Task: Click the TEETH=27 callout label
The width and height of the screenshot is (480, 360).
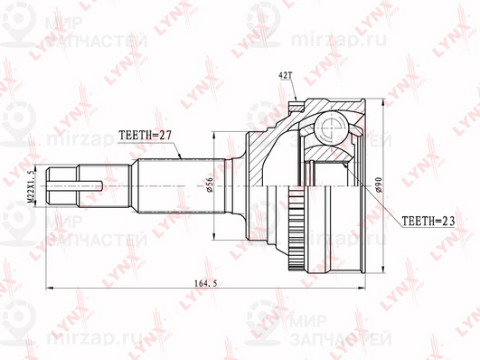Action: pyautogui.click(x=145, y=135)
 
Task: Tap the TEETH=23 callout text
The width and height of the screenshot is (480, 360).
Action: pyautogui.click(x=428, y=221)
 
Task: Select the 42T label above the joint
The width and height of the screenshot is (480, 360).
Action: pyautogui.click(x=285, y=75)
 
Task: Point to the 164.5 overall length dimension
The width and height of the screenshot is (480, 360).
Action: pyautogui.click(x=205, y=283)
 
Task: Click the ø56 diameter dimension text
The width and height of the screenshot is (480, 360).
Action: pyautogui.click(x=210, y=185)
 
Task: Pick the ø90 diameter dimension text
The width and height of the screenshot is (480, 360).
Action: pyautogui.click(x=379, y=185)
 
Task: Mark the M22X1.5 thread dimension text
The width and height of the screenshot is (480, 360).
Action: pyautogui.click(x=32, y=186)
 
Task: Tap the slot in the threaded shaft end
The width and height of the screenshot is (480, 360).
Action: pyautogui.click(x=75, y=185)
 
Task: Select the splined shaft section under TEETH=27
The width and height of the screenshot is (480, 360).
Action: pyautogui.click(x=182, y=185)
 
